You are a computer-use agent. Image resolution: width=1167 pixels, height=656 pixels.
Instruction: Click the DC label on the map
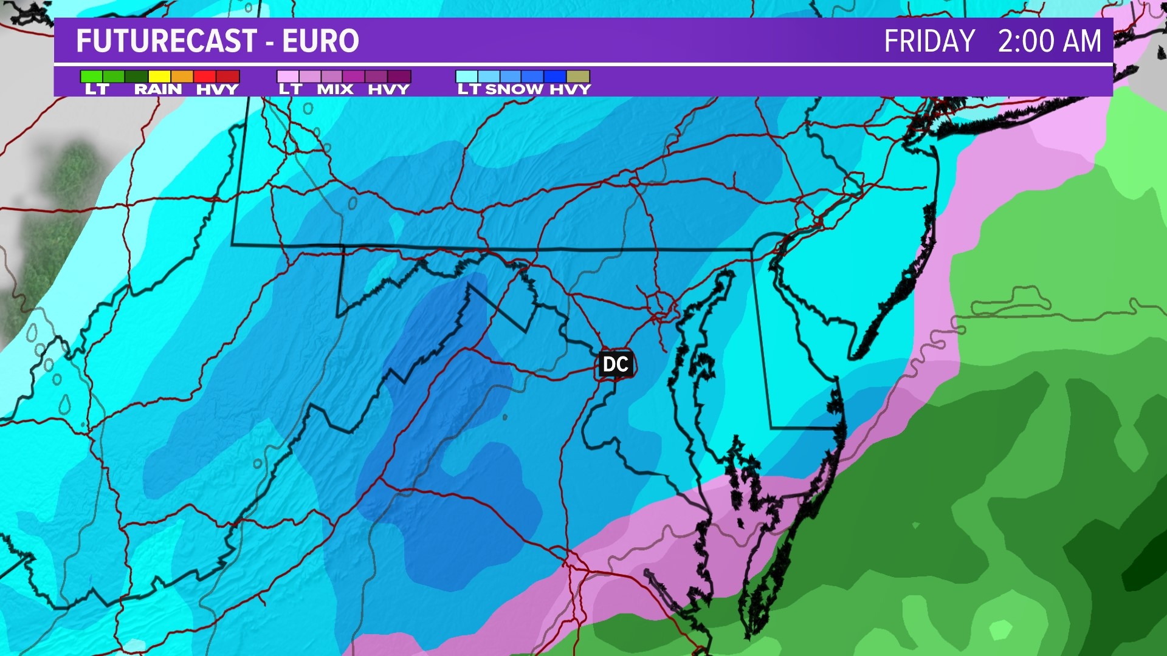coord(615,364)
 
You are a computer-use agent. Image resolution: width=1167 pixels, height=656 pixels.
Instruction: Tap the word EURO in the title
coord(320,41)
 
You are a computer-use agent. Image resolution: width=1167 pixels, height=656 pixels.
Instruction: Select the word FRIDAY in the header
coord(929,41)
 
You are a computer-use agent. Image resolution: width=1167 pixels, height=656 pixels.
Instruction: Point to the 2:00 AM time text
coord(1049,41)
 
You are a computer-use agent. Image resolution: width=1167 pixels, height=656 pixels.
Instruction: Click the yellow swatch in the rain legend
coord(159,77)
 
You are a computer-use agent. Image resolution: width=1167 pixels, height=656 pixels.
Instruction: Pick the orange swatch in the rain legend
coord(182,77)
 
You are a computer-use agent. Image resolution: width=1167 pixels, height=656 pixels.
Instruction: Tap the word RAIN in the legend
coord(158,89)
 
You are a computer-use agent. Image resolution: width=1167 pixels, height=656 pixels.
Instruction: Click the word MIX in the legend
coord(336,89)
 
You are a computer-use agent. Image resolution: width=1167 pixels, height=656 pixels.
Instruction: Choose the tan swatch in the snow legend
coord(578,77)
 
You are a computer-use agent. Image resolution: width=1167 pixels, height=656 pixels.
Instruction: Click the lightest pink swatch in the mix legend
coord(288,77)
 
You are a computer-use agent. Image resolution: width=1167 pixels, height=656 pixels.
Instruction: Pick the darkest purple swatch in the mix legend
coord(399,77)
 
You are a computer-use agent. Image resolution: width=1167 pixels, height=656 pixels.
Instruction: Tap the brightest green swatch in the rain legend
coord(92,77)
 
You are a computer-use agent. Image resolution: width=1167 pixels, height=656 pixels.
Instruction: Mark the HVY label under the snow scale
coord(570,89)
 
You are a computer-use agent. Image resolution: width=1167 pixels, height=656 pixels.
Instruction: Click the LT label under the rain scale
coord(97,89)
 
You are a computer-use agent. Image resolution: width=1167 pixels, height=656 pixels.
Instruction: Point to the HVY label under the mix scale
coord(388,89)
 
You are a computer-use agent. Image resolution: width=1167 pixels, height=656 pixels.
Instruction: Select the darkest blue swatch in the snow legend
coord(555,77)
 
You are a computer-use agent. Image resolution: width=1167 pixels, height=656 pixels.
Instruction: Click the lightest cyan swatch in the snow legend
coord(467,77)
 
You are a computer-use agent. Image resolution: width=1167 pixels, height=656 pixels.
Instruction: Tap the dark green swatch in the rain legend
coord(137,77)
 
